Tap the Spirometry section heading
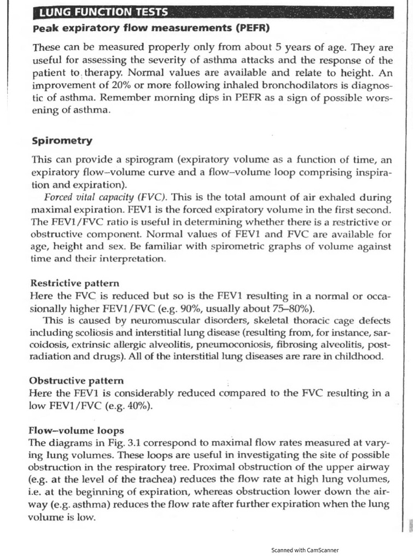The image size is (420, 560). [x=62, y=141]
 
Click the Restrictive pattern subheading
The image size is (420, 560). [x=74, y=283]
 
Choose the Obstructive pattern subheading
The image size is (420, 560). [x=77, y=380]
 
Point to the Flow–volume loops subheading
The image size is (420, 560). [x=77, y=430]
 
